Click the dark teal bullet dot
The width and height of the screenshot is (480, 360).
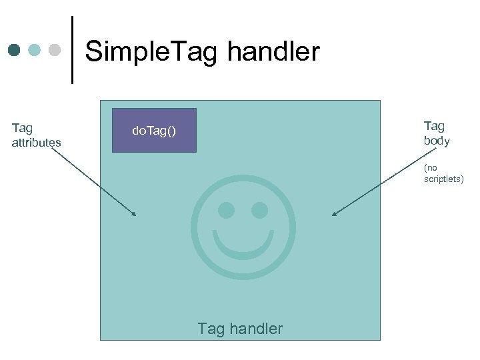[x=15, y=50]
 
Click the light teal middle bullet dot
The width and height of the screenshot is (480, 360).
[x=35, y=50]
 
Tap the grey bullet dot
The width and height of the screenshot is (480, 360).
[x=55, y=50]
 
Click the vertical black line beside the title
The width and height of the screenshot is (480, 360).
[x=71, y=50]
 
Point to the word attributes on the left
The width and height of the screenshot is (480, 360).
[x=36, y=143]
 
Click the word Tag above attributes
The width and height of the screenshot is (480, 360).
[x=22, y=128]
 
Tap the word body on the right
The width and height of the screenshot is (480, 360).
[x=437, y=141]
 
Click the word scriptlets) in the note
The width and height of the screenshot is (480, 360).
[x=443, y=179]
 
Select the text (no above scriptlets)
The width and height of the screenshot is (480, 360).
[x=431, y=168]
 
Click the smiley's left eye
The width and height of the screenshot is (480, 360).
[x=226, y=211]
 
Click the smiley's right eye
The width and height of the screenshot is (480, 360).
[x=259, y=211]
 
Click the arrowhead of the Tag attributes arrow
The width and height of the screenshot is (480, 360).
[x=134, y=215]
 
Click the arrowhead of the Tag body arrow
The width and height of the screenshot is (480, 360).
[x=334, y=214]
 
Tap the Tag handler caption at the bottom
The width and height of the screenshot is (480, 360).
[x=240, y=329]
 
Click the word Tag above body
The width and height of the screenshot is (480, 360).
[x=434, y=126]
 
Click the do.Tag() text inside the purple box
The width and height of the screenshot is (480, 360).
[x=154, y=131]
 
